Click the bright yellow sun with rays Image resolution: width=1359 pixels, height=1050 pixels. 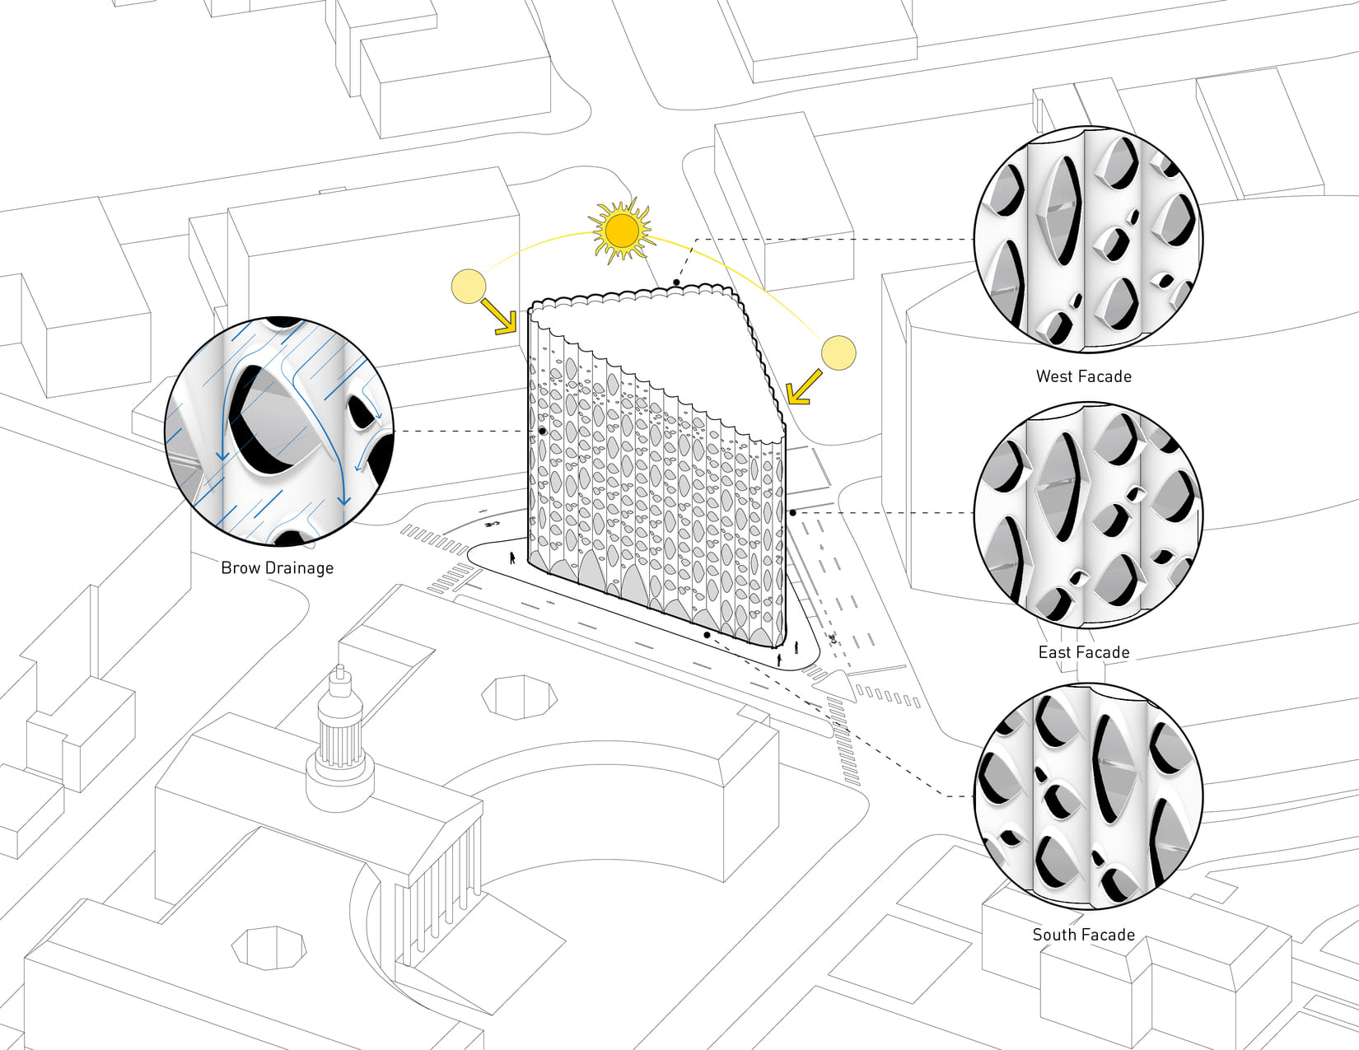(621, 231)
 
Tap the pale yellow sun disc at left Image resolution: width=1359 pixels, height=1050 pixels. (469, 286)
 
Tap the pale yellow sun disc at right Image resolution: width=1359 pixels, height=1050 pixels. (838, 352)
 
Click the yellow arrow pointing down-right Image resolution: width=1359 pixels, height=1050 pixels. (499, 317)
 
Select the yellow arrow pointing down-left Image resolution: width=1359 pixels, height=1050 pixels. (804, 387)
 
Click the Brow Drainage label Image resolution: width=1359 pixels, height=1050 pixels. (278, 567)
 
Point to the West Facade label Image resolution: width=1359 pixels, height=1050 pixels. (1083, 376)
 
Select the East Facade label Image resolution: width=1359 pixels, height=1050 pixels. (1083, 652)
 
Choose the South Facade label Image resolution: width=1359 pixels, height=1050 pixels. (1083, 935)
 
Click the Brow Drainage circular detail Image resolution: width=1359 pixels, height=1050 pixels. (279, 432)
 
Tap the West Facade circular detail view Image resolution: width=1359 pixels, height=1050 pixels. (1087, 240)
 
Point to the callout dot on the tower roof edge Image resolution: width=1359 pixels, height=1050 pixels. (676, 282)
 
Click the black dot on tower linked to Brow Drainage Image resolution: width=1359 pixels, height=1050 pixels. (543, 431)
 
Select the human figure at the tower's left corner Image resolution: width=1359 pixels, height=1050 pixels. (512, 558)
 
